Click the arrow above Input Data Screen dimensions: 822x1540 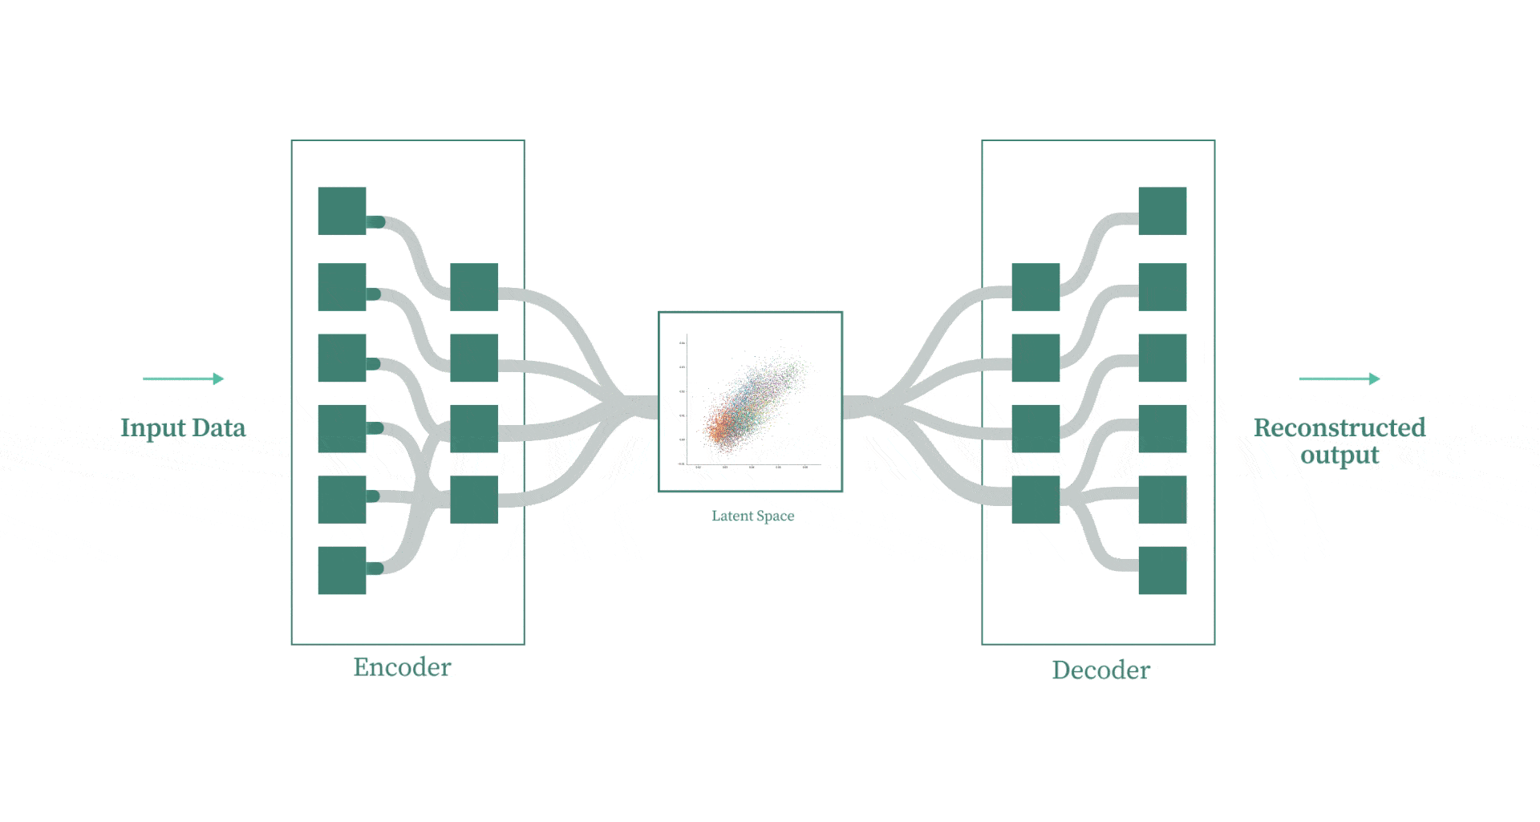coord(183,379)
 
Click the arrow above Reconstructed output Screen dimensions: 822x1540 coord(1339,379)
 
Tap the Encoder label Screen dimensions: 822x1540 coord(402,667)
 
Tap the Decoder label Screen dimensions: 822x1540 coord(1100,670)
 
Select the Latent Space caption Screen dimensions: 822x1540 coord(752,516)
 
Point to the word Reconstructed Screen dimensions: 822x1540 coord(1339,427)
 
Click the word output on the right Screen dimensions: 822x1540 coord(1339,455)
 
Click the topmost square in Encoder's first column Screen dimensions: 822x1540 coord(342,211)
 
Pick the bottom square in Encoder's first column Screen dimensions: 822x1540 coord(342,570)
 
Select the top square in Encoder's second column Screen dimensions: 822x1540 coord(473,286)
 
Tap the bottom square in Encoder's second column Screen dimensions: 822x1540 coord(473,500)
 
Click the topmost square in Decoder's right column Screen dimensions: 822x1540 coord(1162,211)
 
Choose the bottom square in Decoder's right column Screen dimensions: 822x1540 coord(1162,570)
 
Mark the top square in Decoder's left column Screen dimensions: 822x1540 coord(1035,286)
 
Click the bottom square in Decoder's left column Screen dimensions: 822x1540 coord(1035,500)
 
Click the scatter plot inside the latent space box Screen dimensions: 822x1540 coord(750,401)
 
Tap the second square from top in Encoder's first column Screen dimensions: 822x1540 coord(342,286)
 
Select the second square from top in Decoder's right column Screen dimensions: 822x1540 coord(1162,286)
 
